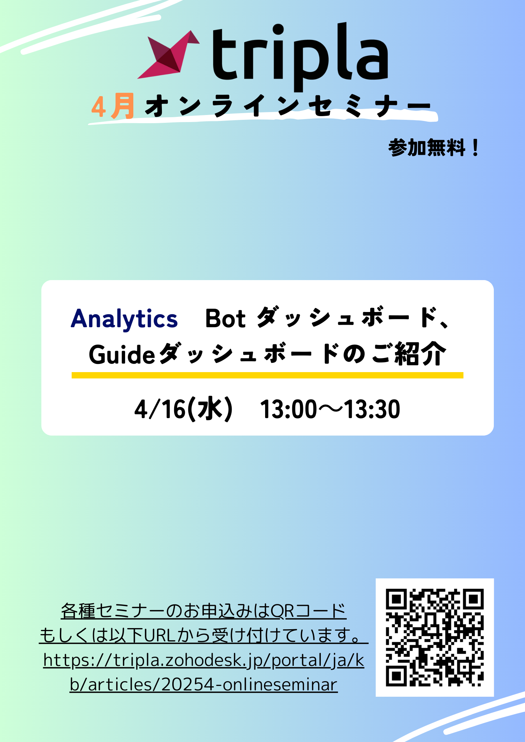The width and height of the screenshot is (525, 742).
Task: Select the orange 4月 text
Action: (112, 106)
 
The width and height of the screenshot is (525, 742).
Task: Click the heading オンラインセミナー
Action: (288, 106)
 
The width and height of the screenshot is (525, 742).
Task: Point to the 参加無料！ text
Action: (434, 148)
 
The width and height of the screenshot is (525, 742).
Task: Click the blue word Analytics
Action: (124, 319)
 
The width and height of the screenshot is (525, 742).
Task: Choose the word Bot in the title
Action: (225, 318)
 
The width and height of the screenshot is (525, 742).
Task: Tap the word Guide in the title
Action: (122, 354)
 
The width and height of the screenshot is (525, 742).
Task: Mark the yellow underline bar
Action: (267, 375)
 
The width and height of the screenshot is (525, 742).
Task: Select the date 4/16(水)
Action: (183, 409)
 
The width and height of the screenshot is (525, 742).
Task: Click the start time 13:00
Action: (288, 409)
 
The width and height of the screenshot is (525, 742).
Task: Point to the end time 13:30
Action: (372, 409)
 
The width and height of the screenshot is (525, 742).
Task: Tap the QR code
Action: (435, 637)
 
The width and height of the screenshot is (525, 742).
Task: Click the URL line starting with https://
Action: (204, 660)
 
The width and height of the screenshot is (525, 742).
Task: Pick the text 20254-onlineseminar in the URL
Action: (250, 684)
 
